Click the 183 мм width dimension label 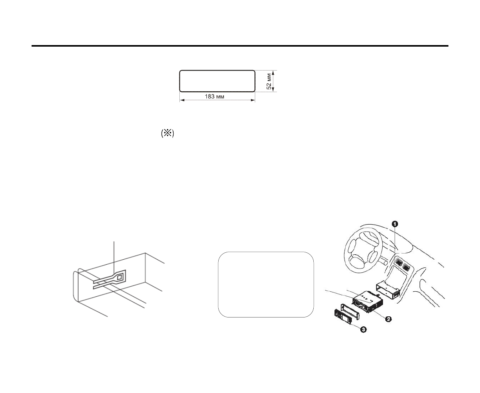pyautogui.click(x=214, y=96)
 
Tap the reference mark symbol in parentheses pyautogui.click(x=167, y=134)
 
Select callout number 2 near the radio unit pyautogui.click(x=389, y=319)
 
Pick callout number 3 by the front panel pyautogui.click(x=363, y=329)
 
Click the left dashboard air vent pyautogui.click(x=398, y=264)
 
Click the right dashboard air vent pyautogui.click(x=406, y=266)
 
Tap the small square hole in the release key pyautogui.click(x=120, y=277)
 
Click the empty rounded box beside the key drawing pyautogui.click(x=266, y=284)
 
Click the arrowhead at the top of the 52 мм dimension pyautogui.click(x=273, y=72)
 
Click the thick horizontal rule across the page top pyautogui.click(x=240, y=46)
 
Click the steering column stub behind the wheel pyautogui.click(x=383, y=261)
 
